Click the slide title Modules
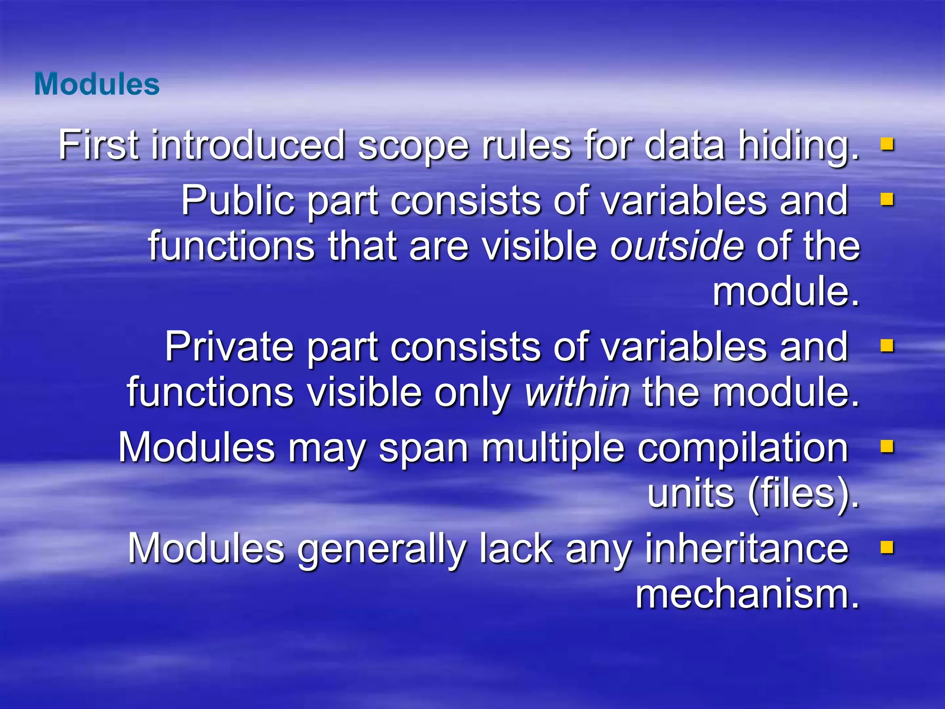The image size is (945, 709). click(97, 84)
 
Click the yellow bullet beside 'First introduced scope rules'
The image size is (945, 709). click(887, 145)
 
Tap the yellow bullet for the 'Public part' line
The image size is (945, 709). click(887, 200)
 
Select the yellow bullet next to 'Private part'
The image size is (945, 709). click(887, 346)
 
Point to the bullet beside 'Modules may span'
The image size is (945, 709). click(887, 447)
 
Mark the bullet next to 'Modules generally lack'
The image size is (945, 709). click(887, 548)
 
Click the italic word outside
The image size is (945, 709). click(677, 246)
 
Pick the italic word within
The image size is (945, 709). click(577, 392)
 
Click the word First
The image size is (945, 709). click(98, 145)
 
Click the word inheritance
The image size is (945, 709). click(747, 549)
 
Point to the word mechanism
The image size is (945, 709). click(748, 594)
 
